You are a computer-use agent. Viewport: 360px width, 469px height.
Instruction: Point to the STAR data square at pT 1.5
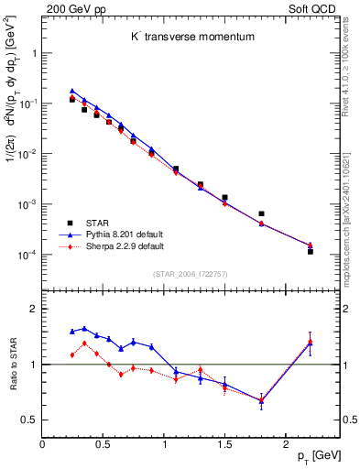coord(224,197)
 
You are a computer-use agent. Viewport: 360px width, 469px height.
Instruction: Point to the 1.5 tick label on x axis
coord(224,443)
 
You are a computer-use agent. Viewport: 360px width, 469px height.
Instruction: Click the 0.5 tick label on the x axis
coord(103,443)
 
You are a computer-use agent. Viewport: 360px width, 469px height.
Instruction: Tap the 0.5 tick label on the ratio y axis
coord(29,420)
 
